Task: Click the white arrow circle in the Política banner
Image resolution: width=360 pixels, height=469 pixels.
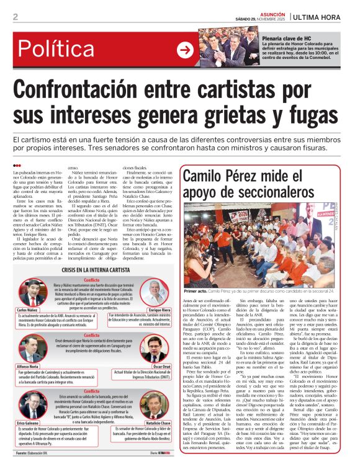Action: (184, 50)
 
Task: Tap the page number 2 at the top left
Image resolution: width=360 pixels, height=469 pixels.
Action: (16, 17)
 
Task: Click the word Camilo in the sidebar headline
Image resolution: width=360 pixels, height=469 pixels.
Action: (209, 178)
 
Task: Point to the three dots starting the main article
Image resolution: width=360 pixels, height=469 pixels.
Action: (17, 165)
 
